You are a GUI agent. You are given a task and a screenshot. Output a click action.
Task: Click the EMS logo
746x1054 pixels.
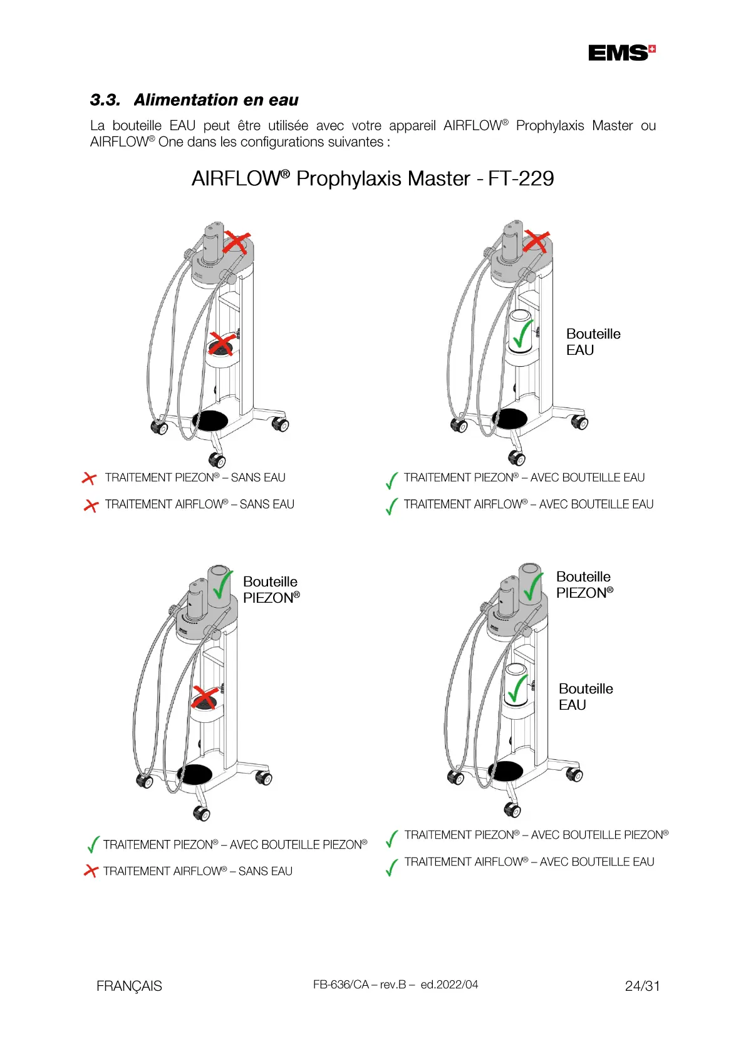point(621,53)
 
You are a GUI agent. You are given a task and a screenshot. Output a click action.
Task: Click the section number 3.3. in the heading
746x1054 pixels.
point(105,100)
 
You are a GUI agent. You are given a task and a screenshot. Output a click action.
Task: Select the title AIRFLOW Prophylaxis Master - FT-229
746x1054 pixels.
point(373,179)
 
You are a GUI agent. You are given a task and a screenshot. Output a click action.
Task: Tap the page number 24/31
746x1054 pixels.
point(642,986)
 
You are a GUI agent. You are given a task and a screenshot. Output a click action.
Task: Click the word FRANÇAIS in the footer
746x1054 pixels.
point(129,986)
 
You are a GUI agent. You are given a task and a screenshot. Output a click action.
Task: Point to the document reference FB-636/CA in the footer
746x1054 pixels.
point(341,985)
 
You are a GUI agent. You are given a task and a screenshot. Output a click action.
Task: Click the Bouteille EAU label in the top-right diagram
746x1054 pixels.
point(593,342)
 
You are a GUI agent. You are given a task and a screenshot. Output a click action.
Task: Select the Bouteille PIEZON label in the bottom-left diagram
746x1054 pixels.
point(271,590)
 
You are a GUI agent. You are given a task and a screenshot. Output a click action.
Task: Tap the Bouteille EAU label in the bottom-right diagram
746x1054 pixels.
point(585,697)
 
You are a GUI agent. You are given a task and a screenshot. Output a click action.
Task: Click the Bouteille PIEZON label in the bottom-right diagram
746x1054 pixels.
point(584,585)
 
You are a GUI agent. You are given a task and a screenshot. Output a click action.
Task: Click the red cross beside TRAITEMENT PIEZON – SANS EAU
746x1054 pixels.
point(90,478)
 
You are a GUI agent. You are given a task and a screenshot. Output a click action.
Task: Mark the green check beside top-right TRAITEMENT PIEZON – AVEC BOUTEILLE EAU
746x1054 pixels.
point(391,480)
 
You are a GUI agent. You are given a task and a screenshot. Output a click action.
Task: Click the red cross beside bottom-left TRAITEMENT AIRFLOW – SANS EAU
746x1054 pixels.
point(91,871)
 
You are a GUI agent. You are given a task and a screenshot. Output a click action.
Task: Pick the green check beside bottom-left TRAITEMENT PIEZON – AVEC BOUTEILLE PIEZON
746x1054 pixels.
point(93,844)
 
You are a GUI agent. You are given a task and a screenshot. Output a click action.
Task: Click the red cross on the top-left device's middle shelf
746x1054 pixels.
point(221,344)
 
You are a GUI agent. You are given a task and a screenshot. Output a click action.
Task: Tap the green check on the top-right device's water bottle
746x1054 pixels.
point(522,334)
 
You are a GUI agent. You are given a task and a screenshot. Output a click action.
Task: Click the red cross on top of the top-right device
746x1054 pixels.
point(537,242)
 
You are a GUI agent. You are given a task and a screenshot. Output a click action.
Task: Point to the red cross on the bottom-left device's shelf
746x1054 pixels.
point(205,697)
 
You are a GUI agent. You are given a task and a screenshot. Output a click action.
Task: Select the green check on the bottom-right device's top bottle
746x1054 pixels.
point(532,587)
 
